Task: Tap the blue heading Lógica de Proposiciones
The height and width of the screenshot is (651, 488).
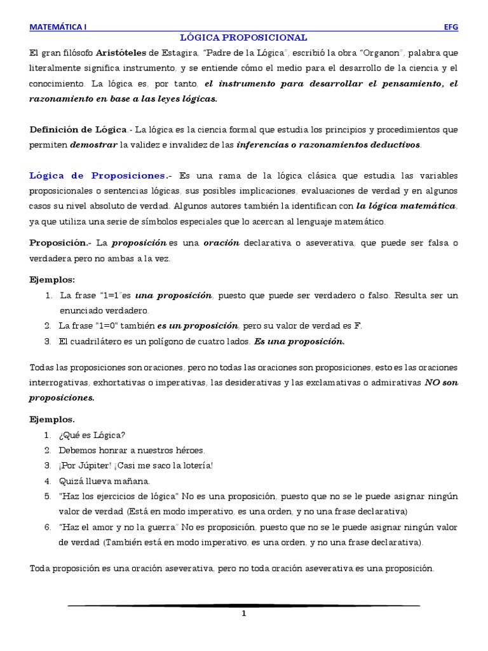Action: (97, 175)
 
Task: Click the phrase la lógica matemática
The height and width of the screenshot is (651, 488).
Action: (406, 206)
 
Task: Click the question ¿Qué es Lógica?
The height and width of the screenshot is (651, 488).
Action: (93, 435)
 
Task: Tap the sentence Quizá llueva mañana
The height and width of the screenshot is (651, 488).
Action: (105, 481)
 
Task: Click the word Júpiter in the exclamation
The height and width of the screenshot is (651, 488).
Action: (100, 465)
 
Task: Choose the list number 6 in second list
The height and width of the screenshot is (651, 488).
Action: (47, 528)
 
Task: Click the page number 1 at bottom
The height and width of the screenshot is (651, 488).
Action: (243, 615)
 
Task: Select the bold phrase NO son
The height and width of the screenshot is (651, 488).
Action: (440, 383)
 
